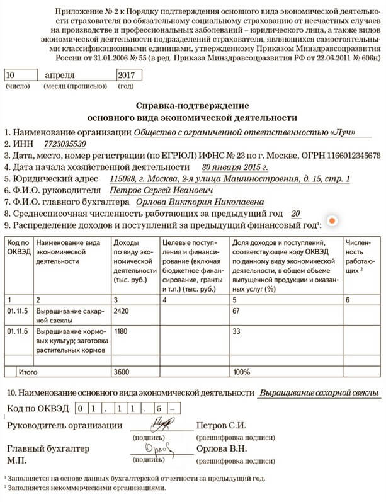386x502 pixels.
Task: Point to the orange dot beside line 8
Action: point(332,220)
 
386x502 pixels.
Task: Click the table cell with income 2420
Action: point(123,311)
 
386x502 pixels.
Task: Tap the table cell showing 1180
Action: point(123,331)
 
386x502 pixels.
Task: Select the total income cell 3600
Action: point(123,372)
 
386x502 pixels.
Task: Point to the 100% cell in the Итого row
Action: point(241,372)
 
